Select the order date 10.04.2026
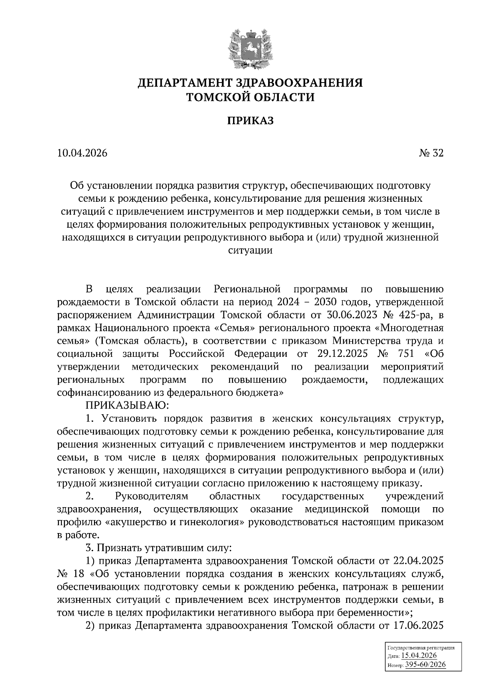tap(82, 154)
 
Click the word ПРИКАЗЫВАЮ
tap(127, 406)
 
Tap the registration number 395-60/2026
tap(425, 665)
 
